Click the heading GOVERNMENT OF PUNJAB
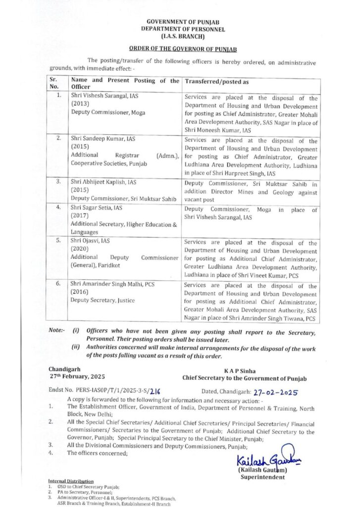[179, 22]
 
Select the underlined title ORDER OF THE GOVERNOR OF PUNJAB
[180, 49]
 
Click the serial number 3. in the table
[58, 182]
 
